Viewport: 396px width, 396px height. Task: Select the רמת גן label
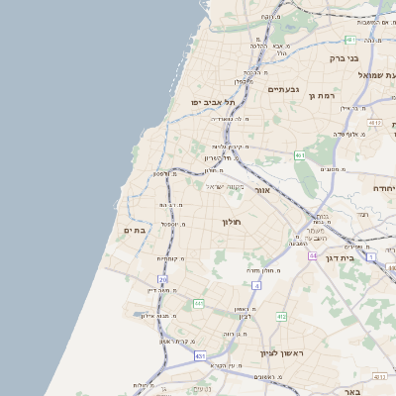point(324,96)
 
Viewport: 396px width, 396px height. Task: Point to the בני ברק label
point(343,58)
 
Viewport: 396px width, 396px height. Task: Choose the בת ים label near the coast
point(135,230)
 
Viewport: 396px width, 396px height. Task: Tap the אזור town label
point(262,189)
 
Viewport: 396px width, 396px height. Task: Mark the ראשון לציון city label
point(281,353)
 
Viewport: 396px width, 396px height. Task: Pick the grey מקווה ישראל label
point(225,185)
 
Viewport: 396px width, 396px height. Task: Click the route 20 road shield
point(163,280)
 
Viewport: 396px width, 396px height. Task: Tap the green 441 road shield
point(199,304)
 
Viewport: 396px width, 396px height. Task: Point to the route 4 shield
point(255,285)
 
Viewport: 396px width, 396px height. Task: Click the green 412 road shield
point(281,317)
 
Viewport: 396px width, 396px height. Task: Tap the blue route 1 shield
point(370,256)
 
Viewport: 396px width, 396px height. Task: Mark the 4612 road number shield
point(373,123)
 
